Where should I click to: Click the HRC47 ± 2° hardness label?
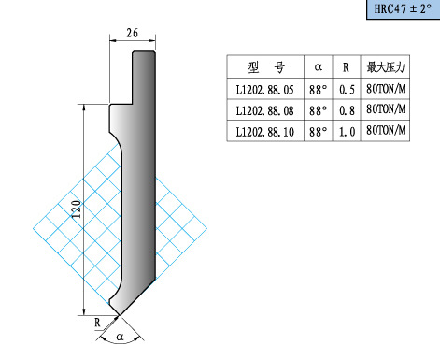(x=403, y=8)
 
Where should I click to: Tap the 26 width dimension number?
(x=133, y=33)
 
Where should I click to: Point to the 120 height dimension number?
(x=77, y=209)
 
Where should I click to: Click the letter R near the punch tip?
(x=97, y=323)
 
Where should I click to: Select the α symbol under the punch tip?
(x=120, y=337)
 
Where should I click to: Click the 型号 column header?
(x=266, y=67)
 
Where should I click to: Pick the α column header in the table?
(x=319, y=66)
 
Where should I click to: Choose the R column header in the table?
(x=346, y=67)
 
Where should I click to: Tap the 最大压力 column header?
(x=386, y=67)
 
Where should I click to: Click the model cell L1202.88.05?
(x=265, y=90)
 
